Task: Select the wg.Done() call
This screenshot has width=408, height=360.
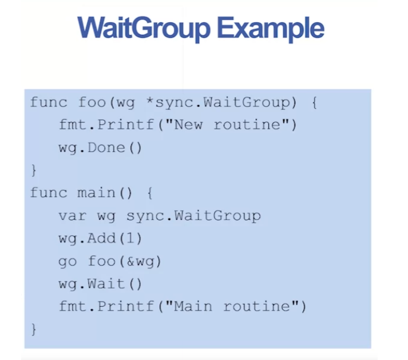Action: [100, 147]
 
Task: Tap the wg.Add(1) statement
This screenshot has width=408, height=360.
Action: [100, 238]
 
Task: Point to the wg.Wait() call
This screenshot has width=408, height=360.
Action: [100, 283]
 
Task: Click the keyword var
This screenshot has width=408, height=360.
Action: [73, 215]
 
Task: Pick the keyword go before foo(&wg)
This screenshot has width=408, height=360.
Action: [68, 261]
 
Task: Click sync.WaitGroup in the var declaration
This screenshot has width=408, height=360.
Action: [193, 215]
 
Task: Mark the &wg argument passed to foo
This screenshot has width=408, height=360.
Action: [145, 261]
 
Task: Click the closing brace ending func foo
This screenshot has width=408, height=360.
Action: [33, 170]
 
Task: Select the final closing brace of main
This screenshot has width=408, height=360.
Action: [33, 329]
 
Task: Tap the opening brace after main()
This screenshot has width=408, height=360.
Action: [150, 193]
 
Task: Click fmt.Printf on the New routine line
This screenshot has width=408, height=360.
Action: [106, 125]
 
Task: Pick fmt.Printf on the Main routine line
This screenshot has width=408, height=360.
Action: [106, 306]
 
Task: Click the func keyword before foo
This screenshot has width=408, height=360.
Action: [49, 102]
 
